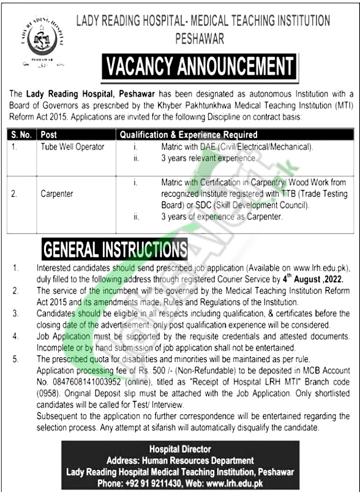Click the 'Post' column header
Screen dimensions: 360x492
(49, 134)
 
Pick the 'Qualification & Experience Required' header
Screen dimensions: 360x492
(189, 134)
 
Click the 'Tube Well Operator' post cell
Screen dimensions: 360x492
(73, 147)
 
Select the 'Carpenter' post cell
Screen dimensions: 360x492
(58, 194)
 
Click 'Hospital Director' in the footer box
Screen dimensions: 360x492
(184, 449)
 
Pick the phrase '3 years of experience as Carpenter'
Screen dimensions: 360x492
(222, 217)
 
